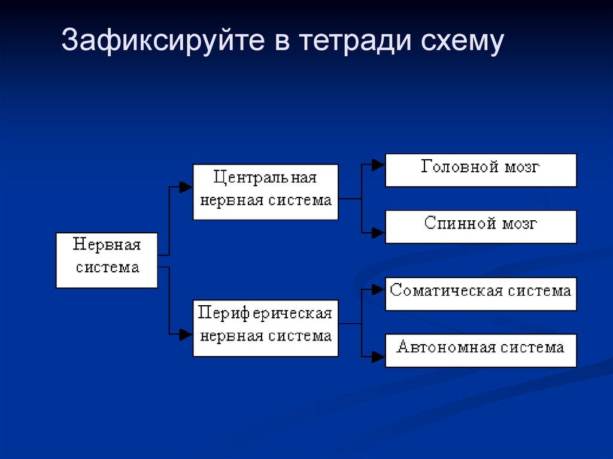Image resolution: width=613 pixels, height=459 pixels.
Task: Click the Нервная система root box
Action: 107,260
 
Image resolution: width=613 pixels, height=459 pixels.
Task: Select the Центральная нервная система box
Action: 265,191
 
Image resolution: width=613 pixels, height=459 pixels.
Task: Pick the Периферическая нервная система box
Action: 265,328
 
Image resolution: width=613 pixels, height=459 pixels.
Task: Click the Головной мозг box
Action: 480,170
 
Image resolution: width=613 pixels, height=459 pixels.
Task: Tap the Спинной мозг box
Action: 480,226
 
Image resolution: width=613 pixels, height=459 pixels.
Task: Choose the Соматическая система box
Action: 480,293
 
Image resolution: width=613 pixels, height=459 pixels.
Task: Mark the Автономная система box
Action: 480,350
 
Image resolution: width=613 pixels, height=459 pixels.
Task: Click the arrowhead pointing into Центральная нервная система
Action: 186,187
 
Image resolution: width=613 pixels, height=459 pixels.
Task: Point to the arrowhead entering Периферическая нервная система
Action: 186,335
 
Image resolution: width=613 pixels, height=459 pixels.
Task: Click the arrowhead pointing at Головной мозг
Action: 378,165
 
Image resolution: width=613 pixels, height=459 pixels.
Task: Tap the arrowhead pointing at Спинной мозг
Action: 378,233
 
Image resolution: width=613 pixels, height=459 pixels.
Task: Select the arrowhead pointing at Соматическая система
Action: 378,290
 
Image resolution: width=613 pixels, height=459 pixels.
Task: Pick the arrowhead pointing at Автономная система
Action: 378,357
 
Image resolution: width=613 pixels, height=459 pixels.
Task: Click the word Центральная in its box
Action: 265,178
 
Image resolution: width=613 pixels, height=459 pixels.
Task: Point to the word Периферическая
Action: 265,314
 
